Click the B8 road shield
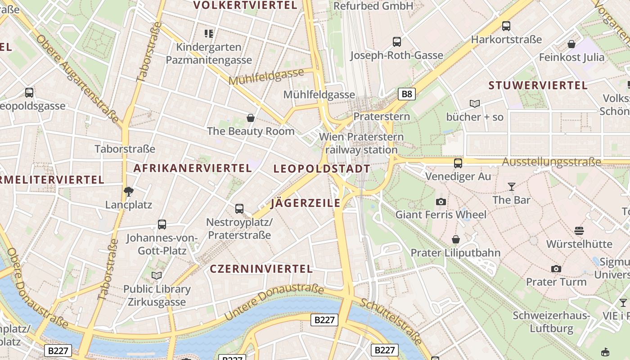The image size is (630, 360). click(406, 94)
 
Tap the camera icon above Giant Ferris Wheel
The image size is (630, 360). click(441, 202)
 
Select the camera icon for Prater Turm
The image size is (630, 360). click(556, 269)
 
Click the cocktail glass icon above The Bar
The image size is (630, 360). click(512, 186)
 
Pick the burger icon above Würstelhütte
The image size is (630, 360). click(579, 231)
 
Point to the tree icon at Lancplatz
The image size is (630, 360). click(129, 192)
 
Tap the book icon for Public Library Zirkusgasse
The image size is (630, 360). click(157, 275)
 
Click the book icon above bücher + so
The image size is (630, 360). click(475, 103)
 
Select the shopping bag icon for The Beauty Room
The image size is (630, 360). click(251, 118)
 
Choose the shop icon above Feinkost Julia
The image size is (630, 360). click(571, 44)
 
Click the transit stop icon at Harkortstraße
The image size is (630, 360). click(506, 26)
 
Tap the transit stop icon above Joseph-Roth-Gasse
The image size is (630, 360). click(396, 42)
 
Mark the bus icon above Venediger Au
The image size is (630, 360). click(458, 163)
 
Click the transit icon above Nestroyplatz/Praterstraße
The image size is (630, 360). click(239, 209)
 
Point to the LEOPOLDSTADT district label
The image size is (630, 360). click(322, 169)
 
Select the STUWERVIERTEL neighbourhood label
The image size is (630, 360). click(538, 85)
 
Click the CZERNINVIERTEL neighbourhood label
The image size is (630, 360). click(261, 269)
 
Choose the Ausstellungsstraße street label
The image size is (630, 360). click(552, 162)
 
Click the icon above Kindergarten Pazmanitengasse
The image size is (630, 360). click(208, 33)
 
